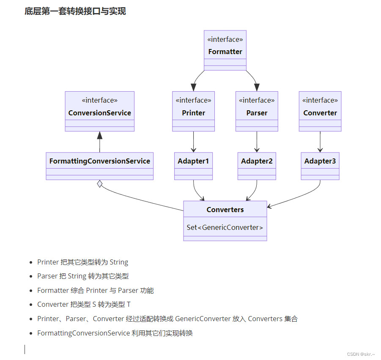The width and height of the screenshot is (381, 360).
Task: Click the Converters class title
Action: pos(225,210)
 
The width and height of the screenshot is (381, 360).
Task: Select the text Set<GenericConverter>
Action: pos(225,227)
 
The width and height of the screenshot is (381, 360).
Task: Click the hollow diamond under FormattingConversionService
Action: pos(99,184)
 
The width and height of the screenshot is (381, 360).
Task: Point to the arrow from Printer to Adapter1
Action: pos(193,142)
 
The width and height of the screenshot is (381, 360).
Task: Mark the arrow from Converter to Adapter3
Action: pos(320,142)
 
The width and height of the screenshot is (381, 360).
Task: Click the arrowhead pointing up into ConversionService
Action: pos(99,135)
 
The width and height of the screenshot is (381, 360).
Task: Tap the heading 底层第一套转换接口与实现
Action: pos(75,11)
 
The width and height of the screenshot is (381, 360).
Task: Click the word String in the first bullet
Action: pos(119,262)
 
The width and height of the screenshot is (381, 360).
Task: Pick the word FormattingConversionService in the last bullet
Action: pos(83,333)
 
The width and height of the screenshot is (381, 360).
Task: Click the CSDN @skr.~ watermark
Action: pos(361,354)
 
